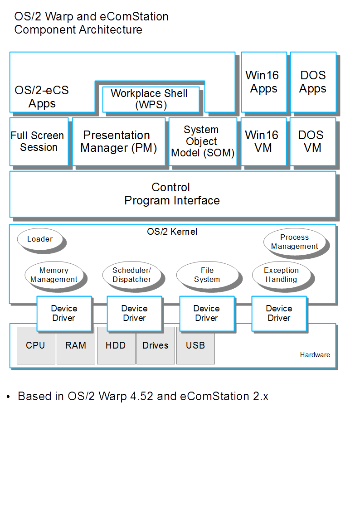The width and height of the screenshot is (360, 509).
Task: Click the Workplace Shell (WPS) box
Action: click(151, 99)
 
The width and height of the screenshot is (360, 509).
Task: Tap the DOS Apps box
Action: click(313, 82)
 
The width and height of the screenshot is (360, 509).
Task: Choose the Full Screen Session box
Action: click(39, 141)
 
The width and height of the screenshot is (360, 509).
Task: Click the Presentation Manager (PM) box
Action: click(119, 141)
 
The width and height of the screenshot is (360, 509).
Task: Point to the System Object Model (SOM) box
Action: click(203, 141)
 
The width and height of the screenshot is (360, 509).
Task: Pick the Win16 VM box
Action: click(263, 141)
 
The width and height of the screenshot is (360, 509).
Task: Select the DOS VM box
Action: click(312, 141)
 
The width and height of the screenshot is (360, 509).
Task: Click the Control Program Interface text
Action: click(172, 194)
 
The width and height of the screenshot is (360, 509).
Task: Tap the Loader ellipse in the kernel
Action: click(39, 239)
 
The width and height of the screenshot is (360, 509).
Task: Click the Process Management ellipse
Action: click(294, 242)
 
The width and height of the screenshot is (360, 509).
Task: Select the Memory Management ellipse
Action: click(54, 275)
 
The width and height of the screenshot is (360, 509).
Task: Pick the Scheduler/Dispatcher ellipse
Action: click(131, 275)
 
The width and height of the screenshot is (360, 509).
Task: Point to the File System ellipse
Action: click(207, 275)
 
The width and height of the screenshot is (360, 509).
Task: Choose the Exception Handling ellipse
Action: click(281, 275)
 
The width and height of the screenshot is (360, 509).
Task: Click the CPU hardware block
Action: click(36, 345)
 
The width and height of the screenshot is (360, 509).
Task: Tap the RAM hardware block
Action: click(76, 345)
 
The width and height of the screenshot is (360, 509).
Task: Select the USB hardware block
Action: click(195, 345)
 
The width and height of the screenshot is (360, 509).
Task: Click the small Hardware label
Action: click(315, 355)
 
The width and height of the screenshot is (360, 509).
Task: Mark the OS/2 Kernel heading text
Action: click(172, 232)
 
